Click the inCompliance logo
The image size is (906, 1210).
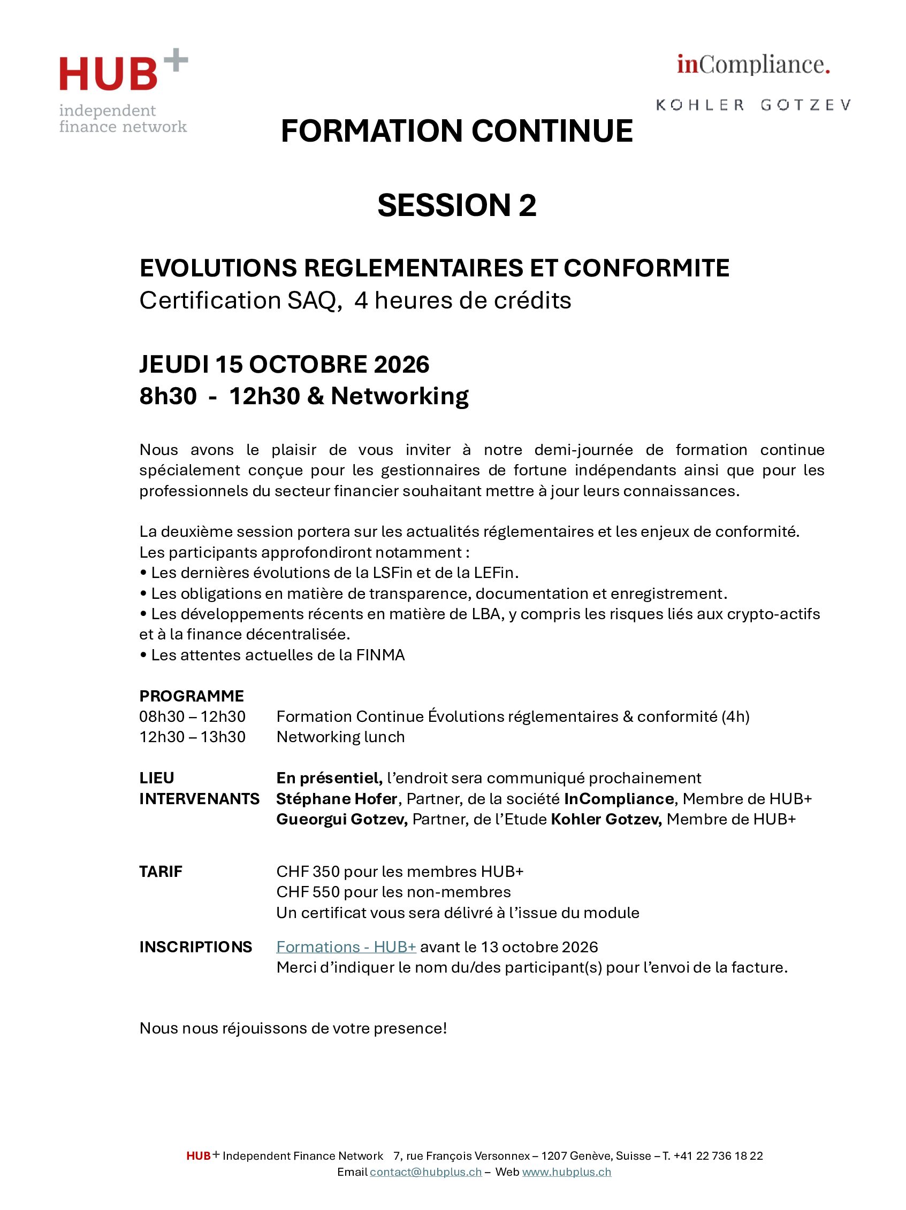click(753, 65)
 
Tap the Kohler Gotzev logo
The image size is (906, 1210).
click(753, 104)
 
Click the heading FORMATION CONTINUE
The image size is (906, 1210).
click(456, 132)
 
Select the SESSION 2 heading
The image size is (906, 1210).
click(456, 205)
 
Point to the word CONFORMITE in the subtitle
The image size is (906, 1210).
click(646, 268)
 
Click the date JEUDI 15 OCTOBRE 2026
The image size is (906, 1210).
click(284, 364)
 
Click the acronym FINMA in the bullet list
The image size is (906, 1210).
click(380, 656)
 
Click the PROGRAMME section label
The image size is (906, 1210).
click(192, 696)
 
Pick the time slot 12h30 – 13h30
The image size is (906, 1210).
click(192, 737)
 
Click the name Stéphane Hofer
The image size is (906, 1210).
click(336, 799)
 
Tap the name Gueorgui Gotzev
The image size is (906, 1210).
click(341, 820)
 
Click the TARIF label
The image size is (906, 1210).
click(161, 872)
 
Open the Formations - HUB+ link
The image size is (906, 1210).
click(346, 947)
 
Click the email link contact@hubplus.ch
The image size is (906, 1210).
click(425, 1172)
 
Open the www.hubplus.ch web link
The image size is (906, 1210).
click(566, 1172)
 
